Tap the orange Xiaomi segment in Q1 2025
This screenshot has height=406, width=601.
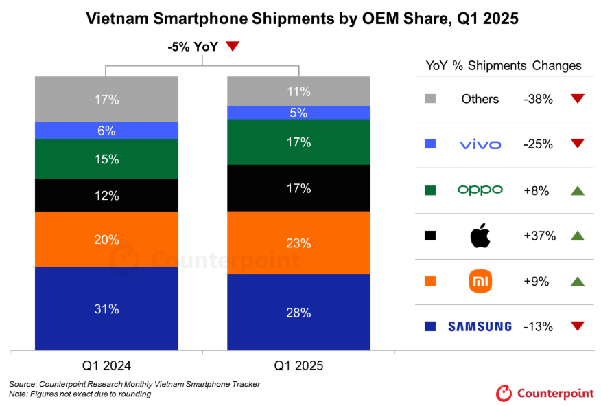click(298, 243)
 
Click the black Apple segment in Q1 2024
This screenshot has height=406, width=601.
click(106, 195)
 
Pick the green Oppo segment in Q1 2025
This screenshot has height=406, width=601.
click(298, 142)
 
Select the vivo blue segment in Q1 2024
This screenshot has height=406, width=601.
click(106, 131)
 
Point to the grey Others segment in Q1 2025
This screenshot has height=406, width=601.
click(298, 91)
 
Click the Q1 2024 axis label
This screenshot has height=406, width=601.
click(106, 365)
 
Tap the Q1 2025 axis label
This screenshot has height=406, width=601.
click(298, 365)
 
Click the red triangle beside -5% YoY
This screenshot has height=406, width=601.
click(233, 47)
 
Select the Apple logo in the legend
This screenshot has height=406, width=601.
click(480, 236)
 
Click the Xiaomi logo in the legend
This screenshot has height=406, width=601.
click(480, 280)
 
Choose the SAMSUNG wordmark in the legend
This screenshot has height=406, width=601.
click(480, 326)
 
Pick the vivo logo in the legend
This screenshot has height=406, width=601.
click(480, 144)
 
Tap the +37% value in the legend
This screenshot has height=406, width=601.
click(539, 236)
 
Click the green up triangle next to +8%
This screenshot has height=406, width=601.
click(577, 190)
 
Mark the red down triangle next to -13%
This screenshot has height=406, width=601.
click(577, 326)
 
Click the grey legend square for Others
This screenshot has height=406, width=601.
click(430, 99)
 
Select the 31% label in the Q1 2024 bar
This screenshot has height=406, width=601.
click(106, 309)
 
